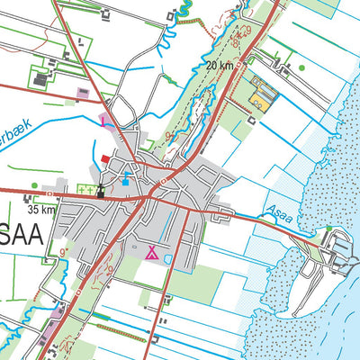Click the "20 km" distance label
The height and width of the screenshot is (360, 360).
pos(220,66)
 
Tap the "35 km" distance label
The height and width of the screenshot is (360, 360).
pos(41,209)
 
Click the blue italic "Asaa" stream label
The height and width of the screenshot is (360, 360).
pos(278,214)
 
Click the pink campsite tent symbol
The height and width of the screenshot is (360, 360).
pos(153,252)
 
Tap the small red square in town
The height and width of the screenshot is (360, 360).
pos(105,158)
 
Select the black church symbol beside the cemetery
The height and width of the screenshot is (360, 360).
pos(101,190)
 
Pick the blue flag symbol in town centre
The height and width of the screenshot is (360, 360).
pos(124,181)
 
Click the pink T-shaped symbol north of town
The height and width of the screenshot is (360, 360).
pos(104,119)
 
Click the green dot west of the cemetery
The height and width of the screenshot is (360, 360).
pos(34,185)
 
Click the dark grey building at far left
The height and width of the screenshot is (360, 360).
pos(41,80)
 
